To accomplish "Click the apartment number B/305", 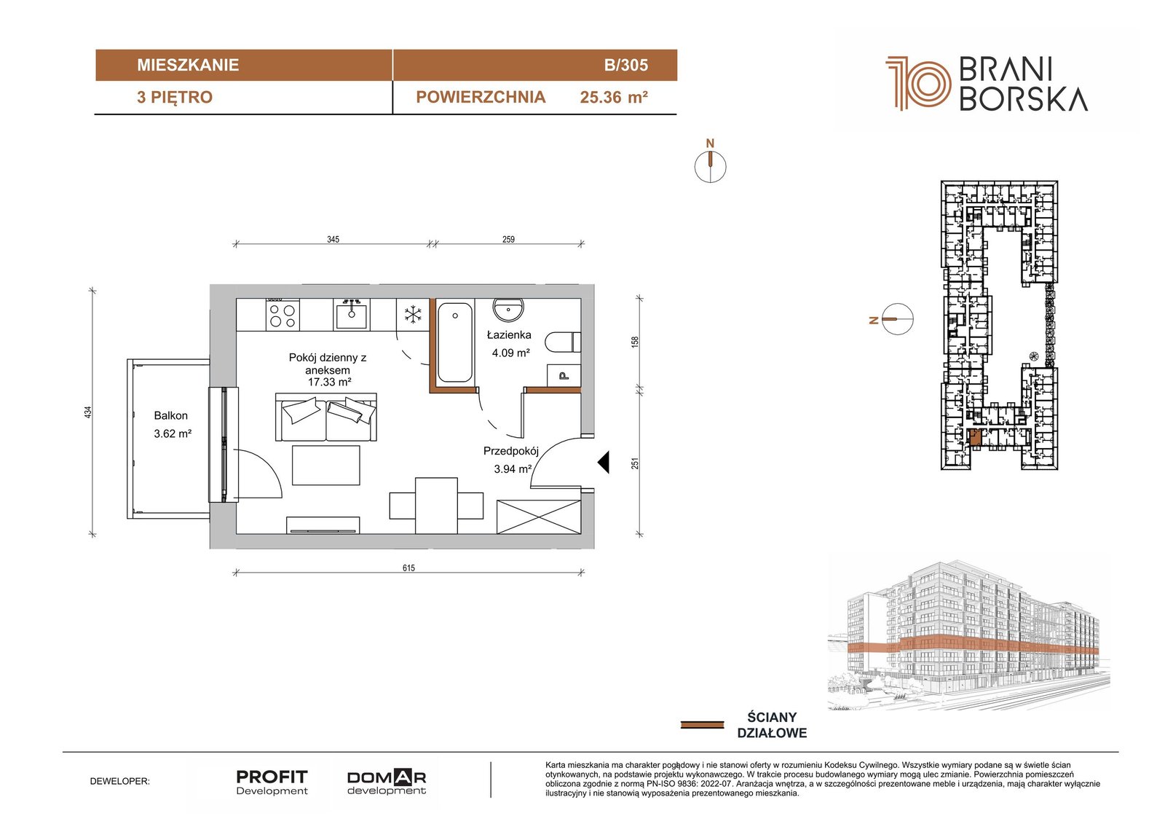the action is tap(625, 65).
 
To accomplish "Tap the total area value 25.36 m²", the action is tap(614, 98).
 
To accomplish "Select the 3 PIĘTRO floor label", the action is tap(175, 98).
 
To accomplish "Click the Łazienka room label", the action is tap(509, 334).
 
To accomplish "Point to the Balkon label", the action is tap(170, 415).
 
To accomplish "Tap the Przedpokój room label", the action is tap(510, 451).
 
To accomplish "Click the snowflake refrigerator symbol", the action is tap(413, 315).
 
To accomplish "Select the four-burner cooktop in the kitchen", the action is tap(283, 315).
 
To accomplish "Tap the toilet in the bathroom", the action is tap(563, 342).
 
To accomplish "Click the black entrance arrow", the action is tap(604, 462).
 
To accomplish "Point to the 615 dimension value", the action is tap(408, 568).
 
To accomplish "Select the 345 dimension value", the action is tap(333, 240).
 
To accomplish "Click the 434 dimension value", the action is tap(88, 412).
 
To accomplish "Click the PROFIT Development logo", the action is tap(272, 782).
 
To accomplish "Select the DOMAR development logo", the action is tap(387, 782).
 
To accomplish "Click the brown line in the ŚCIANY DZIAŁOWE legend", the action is tap(702, 725).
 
